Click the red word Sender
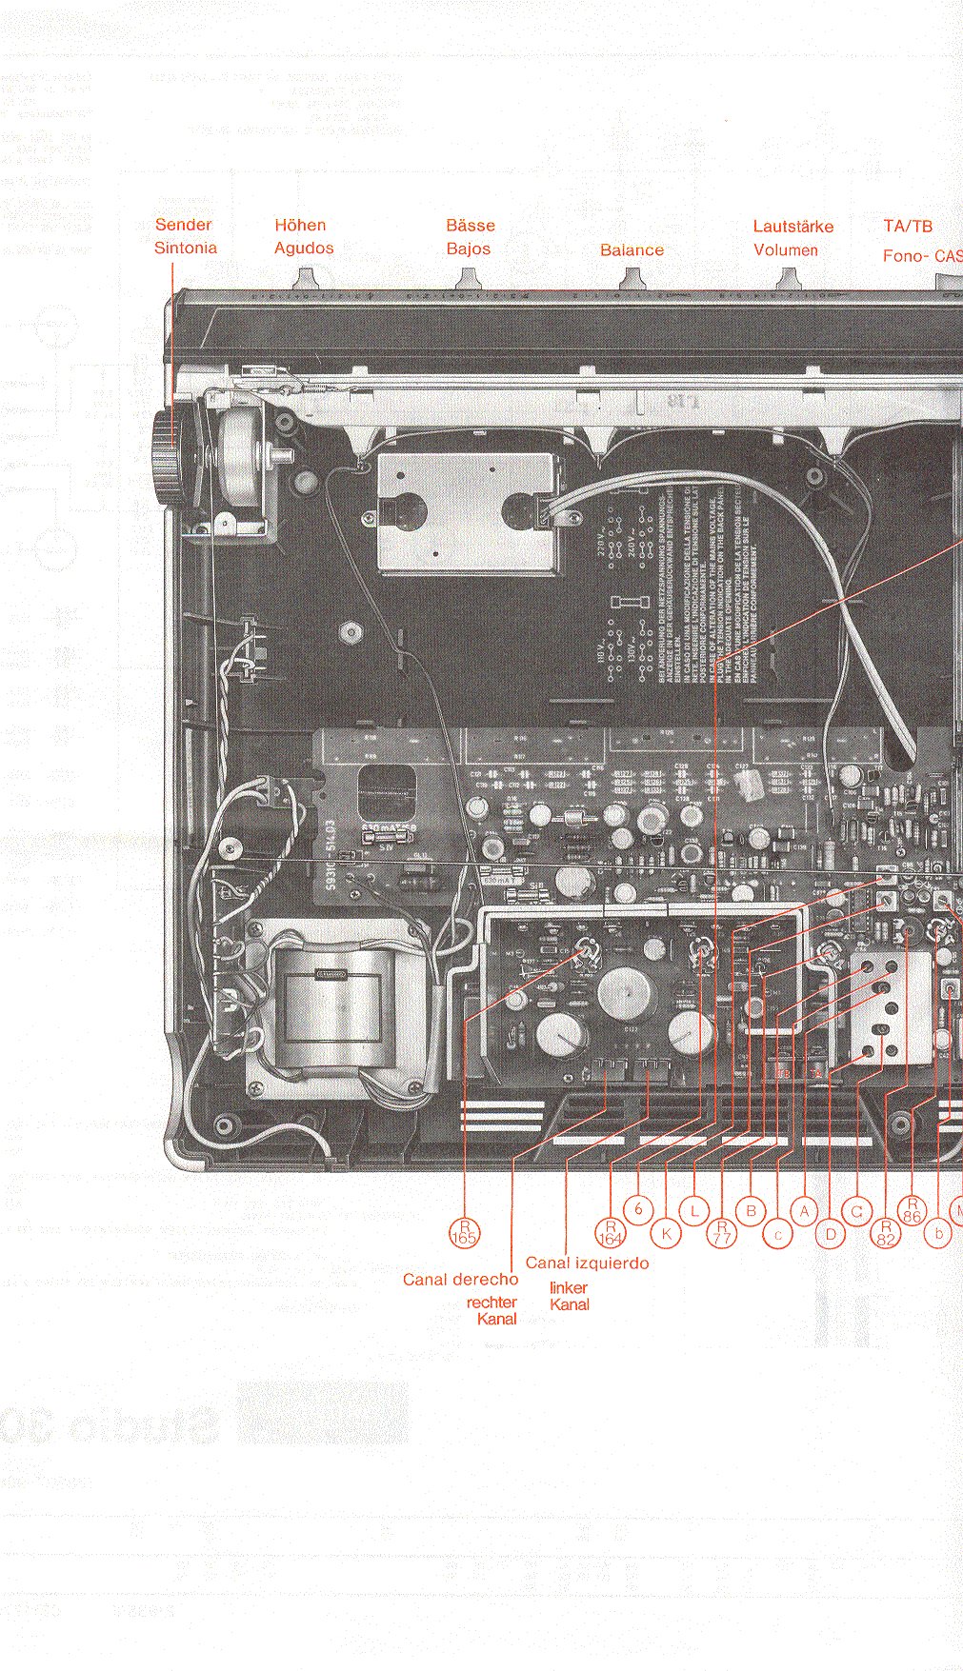183,225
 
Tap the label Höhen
300,226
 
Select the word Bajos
469,249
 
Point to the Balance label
632,249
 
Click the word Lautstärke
792,227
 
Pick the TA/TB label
908,227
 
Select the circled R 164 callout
610,1232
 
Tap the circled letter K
667,1234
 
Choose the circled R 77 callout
722,1233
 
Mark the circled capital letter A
805,1211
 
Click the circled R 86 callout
912,1210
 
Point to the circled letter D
831,1235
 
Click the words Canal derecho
460,1280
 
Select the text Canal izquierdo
587,1263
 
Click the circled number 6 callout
639,1210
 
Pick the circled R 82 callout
887,1233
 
